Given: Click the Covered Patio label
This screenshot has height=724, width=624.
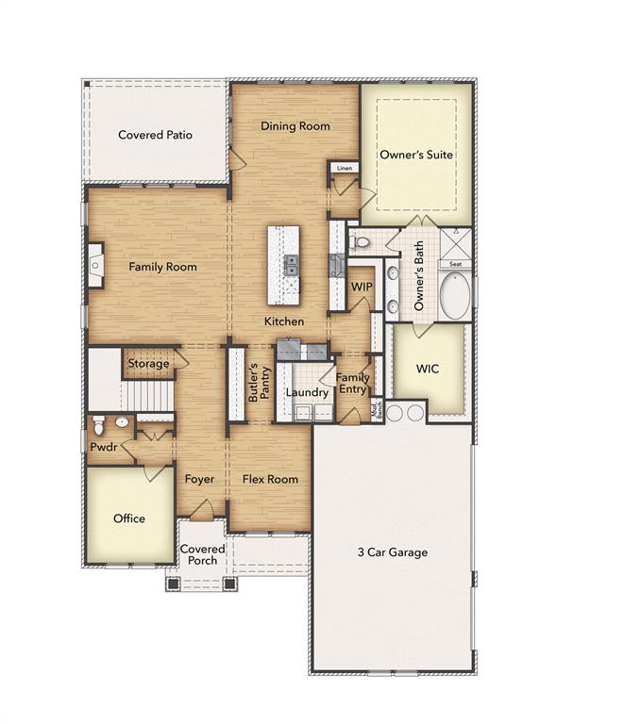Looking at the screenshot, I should point(155,135).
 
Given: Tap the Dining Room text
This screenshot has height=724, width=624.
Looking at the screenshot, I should point(295,126).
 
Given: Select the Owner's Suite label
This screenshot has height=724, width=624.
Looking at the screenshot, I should point(416,155).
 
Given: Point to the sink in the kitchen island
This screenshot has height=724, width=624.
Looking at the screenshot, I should point(292,266).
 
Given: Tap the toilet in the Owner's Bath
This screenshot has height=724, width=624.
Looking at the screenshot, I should point(360,243).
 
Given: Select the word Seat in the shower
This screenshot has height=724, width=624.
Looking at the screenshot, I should point(455,265).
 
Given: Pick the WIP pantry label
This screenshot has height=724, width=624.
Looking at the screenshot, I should point(361,286).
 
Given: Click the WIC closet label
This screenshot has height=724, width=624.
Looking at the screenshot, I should point(428,369).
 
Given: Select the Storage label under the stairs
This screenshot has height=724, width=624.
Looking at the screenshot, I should point(149,363).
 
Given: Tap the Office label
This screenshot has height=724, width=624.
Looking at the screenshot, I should point(129,518).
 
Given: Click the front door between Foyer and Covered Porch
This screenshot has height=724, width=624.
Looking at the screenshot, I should point(202,512).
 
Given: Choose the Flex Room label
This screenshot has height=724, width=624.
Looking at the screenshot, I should point(270,479).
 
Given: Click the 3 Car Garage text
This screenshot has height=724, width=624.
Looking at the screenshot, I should point(392,552).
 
